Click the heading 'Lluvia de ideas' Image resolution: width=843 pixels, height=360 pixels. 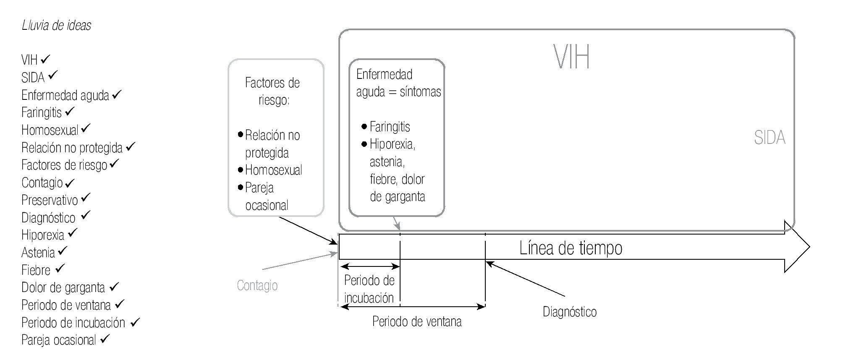click(56, 26)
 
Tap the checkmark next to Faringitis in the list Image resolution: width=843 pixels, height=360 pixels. click(70, 111)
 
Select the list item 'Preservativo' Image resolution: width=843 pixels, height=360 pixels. click(50, 200)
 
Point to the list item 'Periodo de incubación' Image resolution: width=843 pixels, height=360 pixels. click(73, 323)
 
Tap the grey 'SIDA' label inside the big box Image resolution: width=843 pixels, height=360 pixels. click(769, 138)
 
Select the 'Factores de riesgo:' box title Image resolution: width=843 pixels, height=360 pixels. click(272, 91)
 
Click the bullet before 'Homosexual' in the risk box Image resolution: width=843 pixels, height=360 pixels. click(241, 170)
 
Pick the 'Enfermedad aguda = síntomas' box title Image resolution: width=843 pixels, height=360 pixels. click(398, 83)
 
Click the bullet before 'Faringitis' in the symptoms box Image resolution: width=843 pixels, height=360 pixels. click(364, 126)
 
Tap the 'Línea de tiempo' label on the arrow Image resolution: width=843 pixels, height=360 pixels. click(571, 248)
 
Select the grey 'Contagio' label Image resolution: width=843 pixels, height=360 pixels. click(257, 286)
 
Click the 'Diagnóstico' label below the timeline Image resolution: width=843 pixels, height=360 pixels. click(569, 312)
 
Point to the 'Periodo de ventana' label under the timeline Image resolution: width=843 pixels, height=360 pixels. click(417, 322)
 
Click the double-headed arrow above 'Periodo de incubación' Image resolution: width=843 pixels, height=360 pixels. click(370, 266)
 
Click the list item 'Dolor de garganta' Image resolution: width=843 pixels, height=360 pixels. click(63, 288)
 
